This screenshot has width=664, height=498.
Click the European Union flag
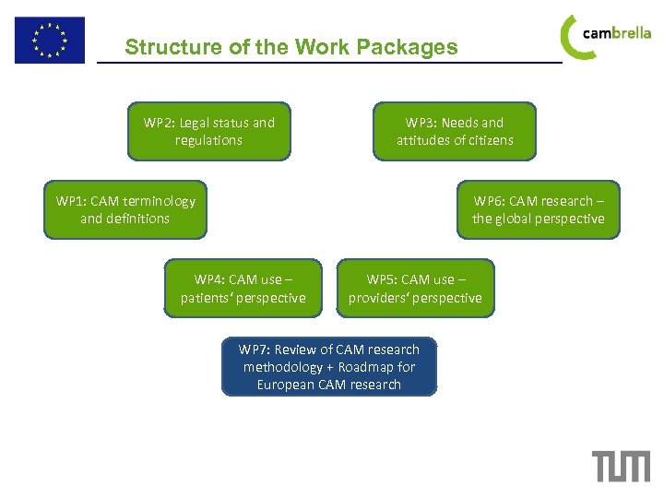coord(49,40)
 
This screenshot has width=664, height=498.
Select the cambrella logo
coord(605,35)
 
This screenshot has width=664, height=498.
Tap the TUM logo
coord(621,466)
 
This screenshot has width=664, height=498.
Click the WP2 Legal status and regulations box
coord(209,131)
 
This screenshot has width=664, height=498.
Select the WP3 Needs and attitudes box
coord(455,131)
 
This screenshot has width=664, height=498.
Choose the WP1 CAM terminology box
coord(125,209)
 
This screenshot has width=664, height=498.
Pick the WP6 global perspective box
coord(539,209)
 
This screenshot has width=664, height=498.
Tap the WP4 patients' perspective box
coord(243,289)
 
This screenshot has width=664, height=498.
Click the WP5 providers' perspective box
coord(415,289)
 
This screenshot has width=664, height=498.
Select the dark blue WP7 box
coord(329,367)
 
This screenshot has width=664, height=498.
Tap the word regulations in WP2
coord(209,140)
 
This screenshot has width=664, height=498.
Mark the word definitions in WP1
coord(138,219)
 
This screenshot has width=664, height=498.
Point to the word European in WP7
coord(286,385)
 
